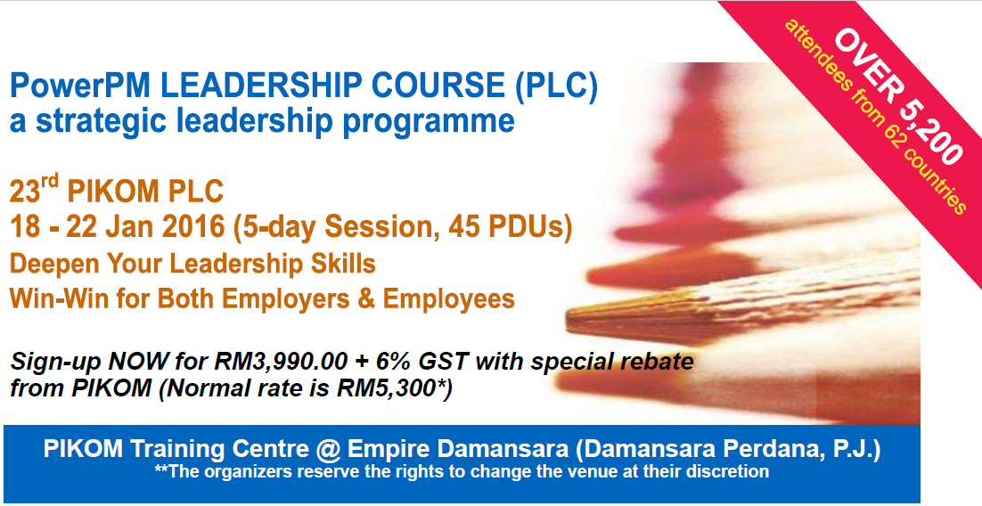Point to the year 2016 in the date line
192,226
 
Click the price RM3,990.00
279,362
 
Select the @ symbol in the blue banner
328,450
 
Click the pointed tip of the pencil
567,322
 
